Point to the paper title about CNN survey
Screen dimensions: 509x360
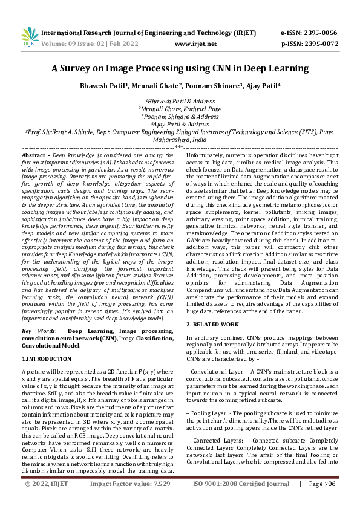coord(180,69)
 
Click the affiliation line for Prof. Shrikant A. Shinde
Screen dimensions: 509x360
coord(180,131)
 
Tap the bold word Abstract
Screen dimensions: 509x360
coord(33,156)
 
